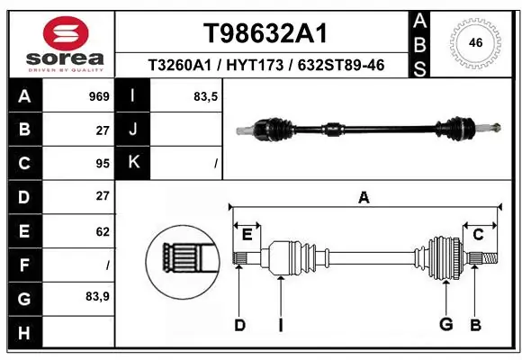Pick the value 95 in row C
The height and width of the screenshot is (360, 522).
click(x=102, y=163)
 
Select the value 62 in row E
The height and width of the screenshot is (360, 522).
click(x=102, y=231)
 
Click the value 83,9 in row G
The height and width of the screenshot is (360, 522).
click(x=98, y=296)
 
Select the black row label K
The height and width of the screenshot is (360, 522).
click(x=132, y=163)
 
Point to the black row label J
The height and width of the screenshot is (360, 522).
click(x=132, y=129)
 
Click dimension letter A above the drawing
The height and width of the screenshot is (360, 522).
click(x=364, y=198)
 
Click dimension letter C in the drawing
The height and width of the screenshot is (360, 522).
click(x=479, y=234)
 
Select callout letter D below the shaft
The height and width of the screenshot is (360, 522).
click(x=239, y=324)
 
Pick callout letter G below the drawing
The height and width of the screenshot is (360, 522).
click(x=445, y=324)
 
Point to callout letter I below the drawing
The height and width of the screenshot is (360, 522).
click(x=280, y=324)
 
